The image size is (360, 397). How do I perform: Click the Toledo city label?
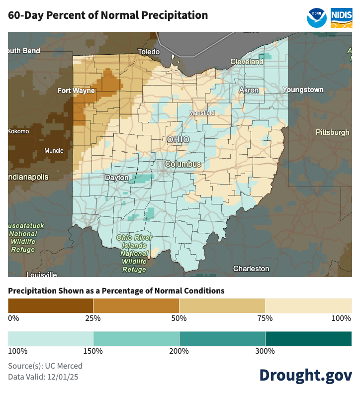click(149, 52)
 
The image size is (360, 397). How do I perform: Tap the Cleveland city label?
click(247, 62)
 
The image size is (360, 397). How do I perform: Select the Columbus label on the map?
click(183, 164)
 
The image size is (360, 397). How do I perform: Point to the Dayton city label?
click(116, 178)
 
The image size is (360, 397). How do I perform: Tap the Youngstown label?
click(303, 90)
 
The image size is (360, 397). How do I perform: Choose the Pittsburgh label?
click(333, 132)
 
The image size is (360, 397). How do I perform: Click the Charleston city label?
click(251, 269)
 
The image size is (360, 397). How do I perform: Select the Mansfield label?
click(201, 113)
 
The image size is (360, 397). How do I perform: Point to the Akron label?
click(249, 90)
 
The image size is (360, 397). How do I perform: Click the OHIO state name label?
click(178, 140)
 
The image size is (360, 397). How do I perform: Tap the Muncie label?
click(54, 151)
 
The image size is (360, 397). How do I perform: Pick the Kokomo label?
click(18, 131)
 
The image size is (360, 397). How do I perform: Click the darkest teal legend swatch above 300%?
click(308, 338)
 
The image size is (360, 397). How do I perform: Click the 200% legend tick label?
click(179, 352)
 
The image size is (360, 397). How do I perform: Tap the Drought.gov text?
click(305, 375)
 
